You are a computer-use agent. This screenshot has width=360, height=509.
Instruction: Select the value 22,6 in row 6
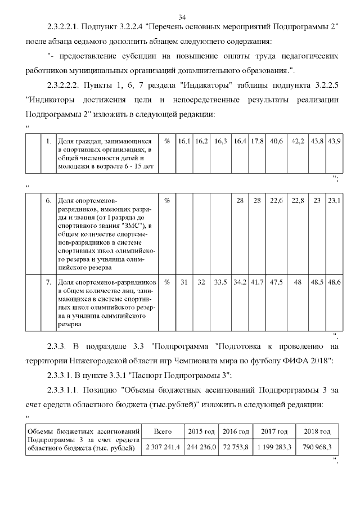pyautogui.click(x=276, y=200)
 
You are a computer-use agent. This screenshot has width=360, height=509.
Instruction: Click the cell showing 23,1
pyautogui.click(x=334, y=200)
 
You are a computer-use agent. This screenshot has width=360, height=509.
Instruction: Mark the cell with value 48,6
pyautogui.click(x=334, y=282)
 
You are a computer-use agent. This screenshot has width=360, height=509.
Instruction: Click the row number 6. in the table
pyautogui.click(x=49, y=200)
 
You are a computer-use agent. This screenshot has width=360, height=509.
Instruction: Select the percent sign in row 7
pyautogui.click(x=167, y=282)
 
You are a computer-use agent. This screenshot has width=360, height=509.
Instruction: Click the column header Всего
pyautogui.click(x=163, y=431)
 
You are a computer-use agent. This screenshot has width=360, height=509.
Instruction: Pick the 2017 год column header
pyautogui.click(x=274, y=431)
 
